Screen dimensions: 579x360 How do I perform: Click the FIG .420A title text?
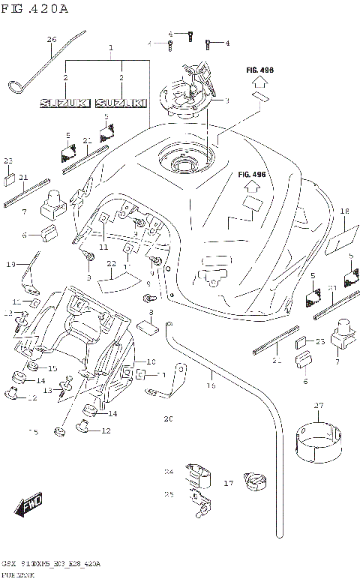[x=35, y=9]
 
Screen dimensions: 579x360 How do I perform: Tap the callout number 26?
[x=52, y=39]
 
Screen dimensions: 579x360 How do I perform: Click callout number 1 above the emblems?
[x=111, y=47]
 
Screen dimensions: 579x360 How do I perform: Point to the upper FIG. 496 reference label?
[x=259, y=70]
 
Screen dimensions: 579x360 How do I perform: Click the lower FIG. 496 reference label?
[x=252, y=175]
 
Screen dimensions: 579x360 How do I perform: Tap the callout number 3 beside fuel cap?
[x=226, y=100]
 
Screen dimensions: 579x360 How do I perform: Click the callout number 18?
[x=344, y=211]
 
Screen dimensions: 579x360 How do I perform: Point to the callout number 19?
[x=11, y=264]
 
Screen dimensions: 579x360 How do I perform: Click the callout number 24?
[x=169, y=472]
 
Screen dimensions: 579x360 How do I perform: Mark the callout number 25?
[x=169, y=494]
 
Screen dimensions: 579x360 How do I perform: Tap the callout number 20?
[x=169, y=418]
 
